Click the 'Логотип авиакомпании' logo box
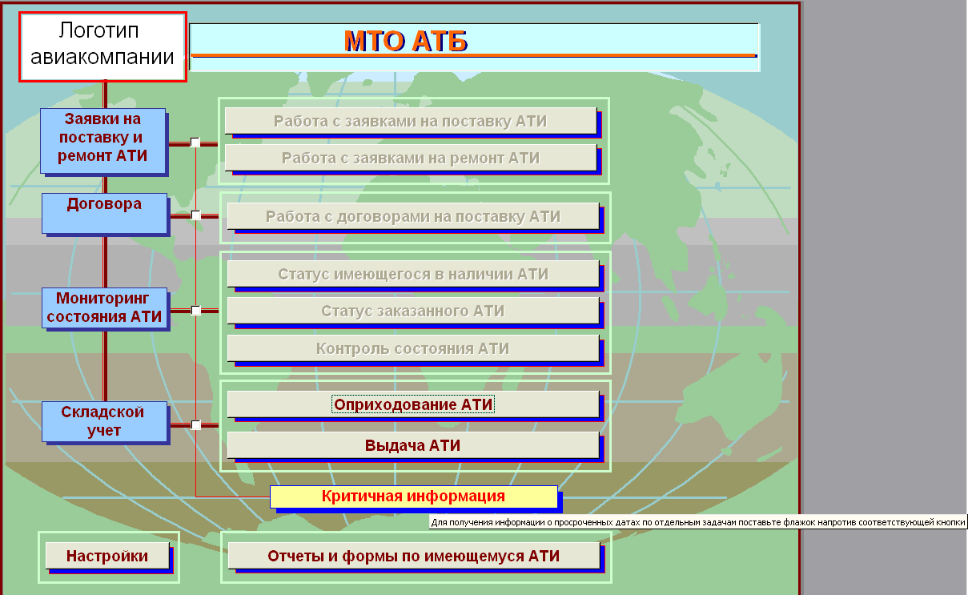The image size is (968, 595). (x=102, y=46)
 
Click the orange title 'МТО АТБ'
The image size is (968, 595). (x=405, y=42)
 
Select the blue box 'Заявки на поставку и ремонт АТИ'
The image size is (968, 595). (x=102, y=140)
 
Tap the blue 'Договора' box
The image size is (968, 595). (x=104, y=213)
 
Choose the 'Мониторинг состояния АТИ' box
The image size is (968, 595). (x=104, y=308)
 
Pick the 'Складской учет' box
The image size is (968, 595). (x=104, y=421)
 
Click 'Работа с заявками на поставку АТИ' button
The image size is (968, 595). (x=411, y=121)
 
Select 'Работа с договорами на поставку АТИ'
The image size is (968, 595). (x=413, y=216)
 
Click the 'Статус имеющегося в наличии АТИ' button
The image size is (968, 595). (x=413, y=274)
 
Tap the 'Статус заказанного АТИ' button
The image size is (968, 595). (x=413, y=310)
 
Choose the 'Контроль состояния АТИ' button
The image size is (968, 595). (x=413, y=348)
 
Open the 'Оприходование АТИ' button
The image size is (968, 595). (x=413, y=404)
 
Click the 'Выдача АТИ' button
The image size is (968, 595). (x=413, y=445)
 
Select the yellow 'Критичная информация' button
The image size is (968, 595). (x=414, y=497)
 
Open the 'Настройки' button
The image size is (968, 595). (x=107, y=556)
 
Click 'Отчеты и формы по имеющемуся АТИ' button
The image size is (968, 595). (x=414, y=556)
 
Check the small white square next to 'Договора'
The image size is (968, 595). (x=195, y=215)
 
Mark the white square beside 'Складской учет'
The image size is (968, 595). (x=195, y=425)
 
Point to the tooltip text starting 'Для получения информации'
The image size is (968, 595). (x=698, y=522)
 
